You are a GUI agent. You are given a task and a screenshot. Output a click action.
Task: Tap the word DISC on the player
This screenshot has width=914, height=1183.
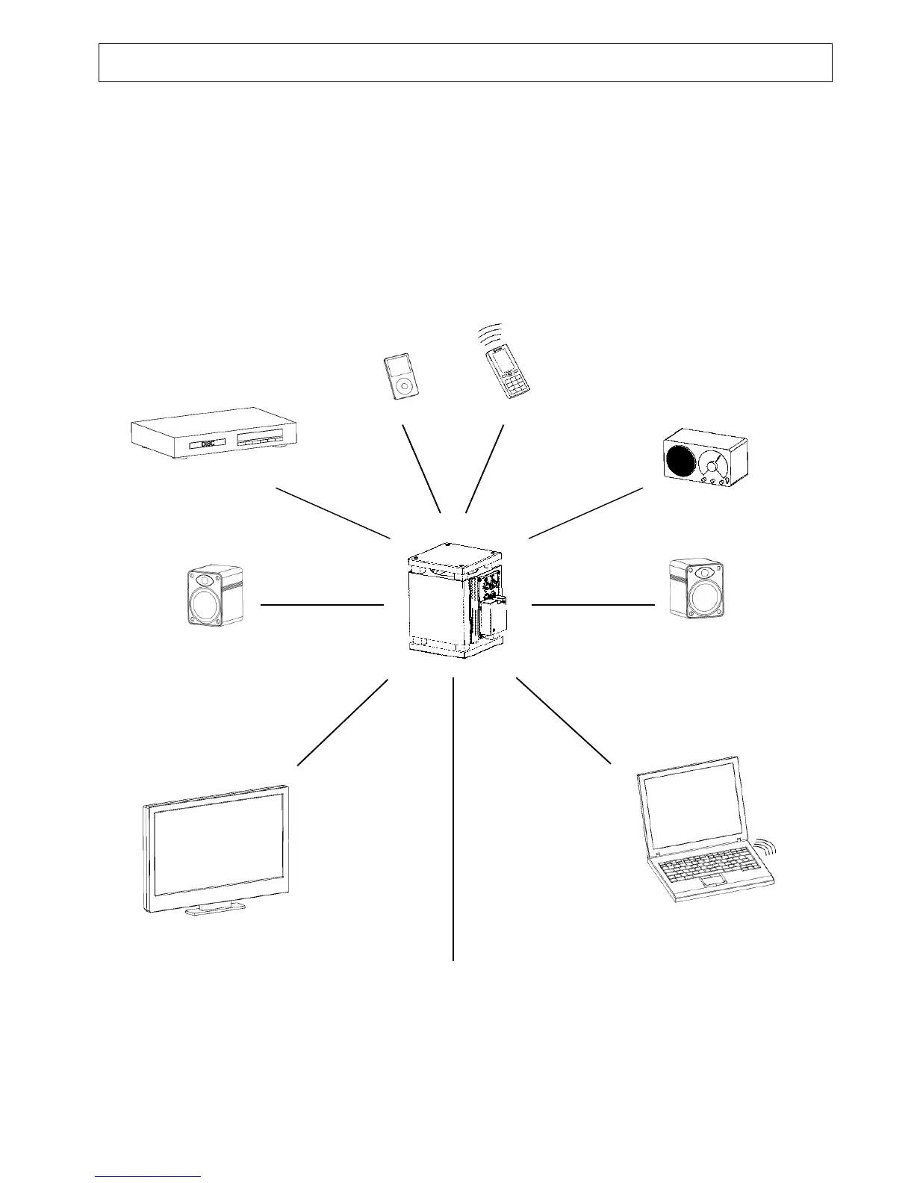[x=208, y=444]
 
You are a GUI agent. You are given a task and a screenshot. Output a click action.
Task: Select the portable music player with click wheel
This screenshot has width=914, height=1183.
[x=401, y=377]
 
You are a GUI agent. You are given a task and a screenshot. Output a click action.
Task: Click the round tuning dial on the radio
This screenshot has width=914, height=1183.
[x=714, y=466]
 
